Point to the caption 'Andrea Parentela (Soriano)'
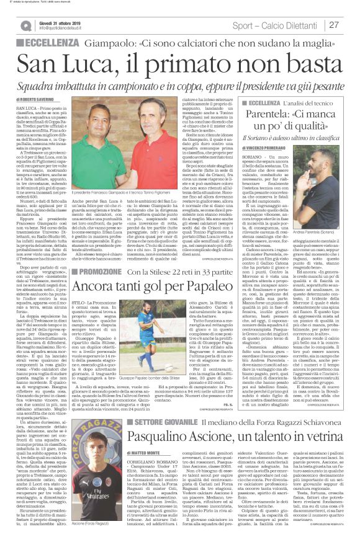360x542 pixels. (x=323, y=234)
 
